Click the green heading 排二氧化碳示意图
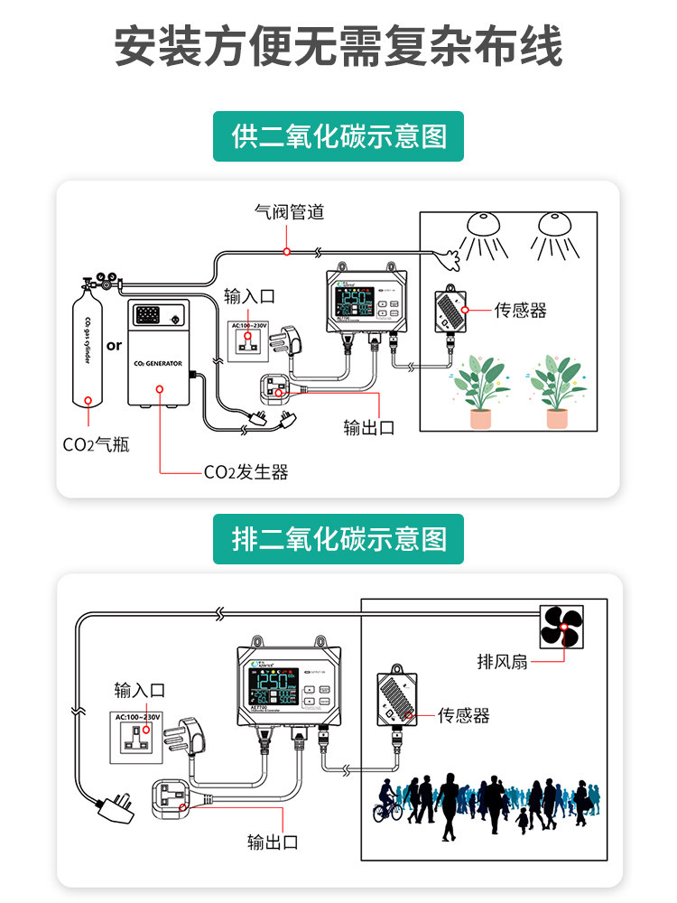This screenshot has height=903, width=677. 338,539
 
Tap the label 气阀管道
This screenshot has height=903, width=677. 289,213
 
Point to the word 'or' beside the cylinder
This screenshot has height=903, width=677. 114,344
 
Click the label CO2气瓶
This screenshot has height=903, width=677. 96,444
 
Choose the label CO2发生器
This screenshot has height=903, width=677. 246,472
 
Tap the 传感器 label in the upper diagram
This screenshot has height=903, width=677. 521,311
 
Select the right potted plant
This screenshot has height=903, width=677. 557,392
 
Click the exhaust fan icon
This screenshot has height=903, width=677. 561,627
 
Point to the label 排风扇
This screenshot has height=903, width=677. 502,661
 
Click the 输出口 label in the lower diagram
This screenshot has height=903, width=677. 273,842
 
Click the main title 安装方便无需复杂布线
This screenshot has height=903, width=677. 338,46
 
